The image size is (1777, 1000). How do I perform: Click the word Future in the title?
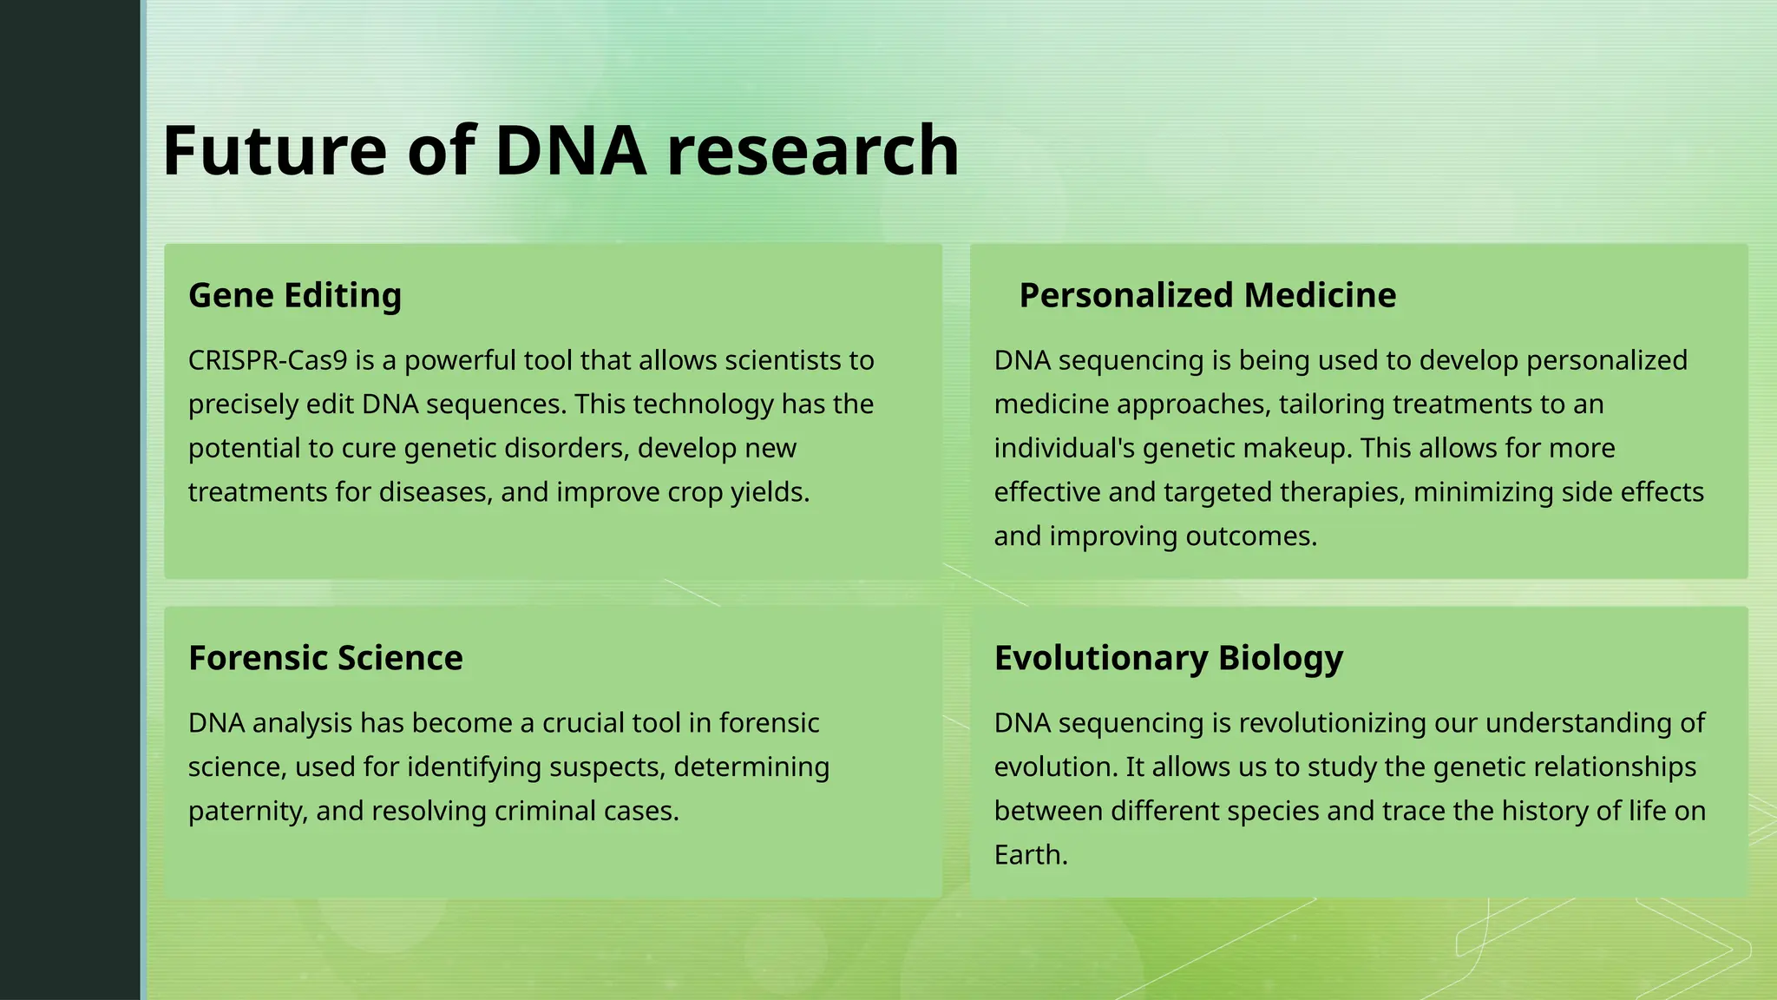coord(274,151)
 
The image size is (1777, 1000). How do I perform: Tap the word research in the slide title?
coord(812,151)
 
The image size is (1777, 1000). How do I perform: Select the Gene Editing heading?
coord(295,296)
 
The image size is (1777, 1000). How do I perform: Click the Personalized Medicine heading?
coord(1207,296)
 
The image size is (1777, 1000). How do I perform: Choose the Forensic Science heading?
coord(325,659)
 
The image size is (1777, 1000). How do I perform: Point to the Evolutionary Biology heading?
coord(1168,659)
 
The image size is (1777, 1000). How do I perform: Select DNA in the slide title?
coord(570,151)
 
